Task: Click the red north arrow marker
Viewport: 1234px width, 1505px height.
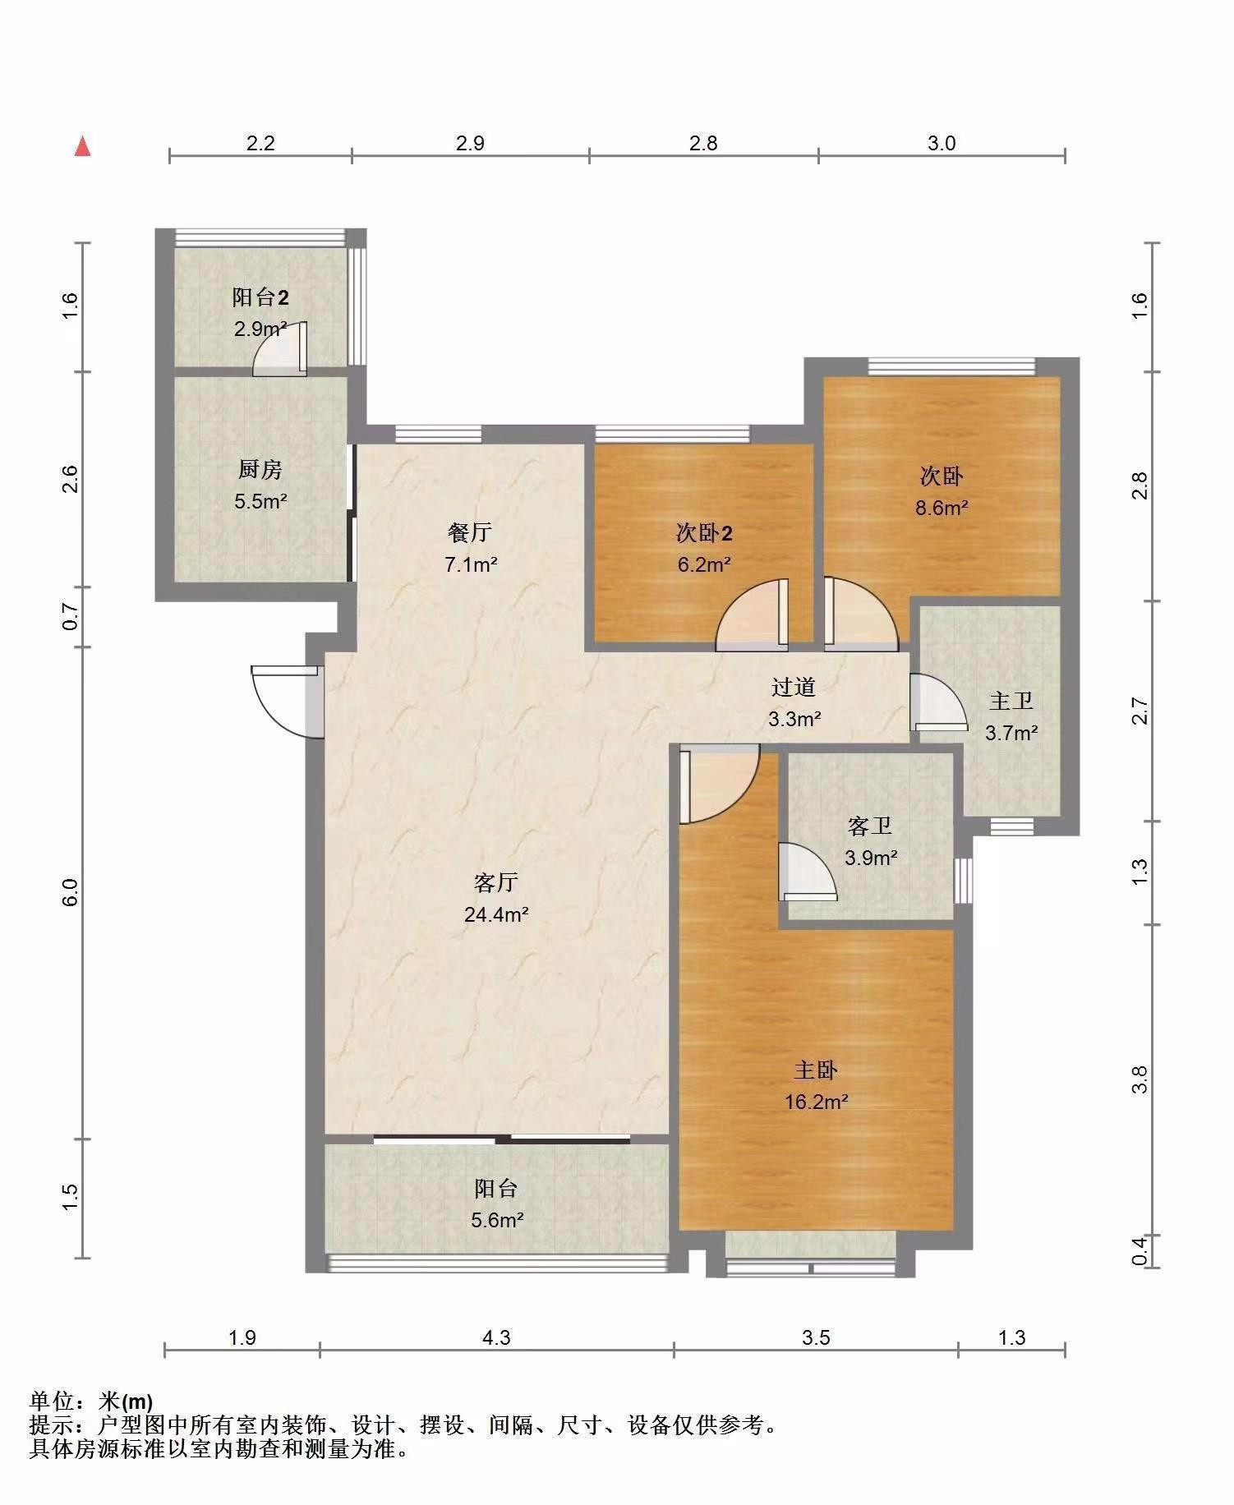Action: pyautogui.click(x=82, y=146)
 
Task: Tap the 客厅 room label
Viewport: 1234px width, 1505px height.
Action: pyautogui.click(x=495, y=882)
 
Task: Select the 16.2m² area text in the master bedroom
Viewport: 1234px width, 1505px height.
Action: pyautogui.click(x=816, y=1102)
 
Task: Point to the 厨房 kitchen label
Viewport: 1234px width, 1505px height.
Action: pyautogui.click(x=260, y=469)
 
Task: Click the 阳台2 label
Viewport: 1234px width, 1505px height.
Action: pyautogui.click(x=260, y=297)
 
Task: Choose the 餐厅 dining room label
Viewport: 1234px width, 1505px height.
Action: pyautogui.click(x=470, y=532)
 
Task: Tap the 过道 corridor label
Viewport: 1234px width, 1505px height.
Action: pyautogui.click(x=794, y=687)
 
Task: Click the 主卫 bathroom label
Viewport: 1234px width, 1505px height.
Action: pyautogui.click(x=1011, y=701)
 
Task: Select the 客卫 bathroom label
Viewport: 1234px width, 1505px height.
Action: pyautogui.click(x=870, y=826)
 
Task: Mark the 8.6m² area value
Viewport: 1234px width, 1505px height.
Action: pyautogui.click(x=942, y=508)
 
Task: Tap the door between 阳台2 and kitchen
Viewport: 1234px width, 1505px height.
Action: pyautogui.click(x=279, y=349)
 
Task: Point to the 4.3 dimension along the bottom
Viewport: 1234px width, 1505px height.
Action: pyautogui.click(x=495, y=1337)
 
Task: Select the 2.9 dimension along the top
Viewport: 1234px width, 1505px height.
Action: pyautogui.click(x=469, y=143)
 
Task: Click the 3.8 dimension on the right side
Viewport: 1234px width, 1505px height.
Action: pyautogui.click(x=1139, y=1079)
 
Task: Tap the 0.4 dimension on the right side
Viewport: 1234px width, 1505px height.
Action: pyautogui.click(x=1139, y=1251)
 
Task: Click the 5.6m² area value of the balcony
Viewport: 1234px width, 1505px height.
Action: pyautogui.click(x=497, y=1220)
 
